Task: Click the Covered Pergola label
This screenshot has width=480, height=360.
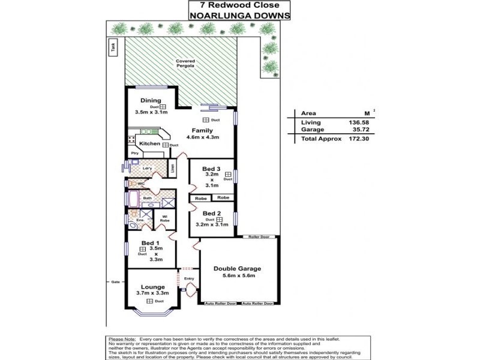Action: point(185,63)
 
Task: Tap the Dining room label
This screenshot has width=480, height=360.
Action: point(151,100)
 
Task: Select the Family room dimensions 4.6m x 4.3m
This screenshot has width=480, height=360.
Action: point(202,137)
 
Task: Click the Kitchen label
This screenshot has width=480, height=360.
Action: point(149,144)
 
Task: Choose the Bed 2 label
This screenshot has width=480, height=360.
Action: point(212,213)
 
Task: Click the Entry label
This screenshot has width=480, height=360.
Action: point(190,278)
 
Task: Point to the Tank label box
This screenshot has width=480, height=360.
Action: point(112,47)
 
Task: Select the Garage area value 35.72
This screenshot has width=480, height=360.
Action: point(349,130)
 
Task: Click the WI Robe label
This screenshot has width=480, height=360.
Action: point(164,219)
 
